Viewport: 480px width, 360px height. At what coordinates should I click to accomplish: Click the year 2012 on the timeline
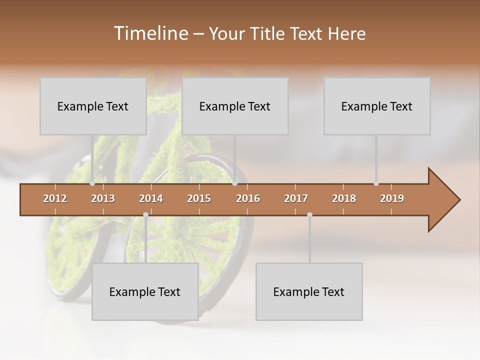point(55,198)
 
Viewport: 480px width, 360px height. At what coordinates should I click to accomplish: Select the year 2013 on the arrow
point(103,198)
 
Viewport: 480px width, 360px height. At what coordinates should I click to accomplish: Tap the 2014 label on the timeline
point(151,198)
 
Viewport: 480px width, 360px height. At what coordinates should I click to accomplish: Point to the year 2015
point(199,198)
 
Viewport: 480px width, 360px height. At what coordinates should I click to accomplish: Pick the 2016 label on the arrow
point(248,198)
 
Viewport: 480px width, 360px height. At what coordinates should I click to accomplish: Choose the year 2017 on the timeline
point(296,198)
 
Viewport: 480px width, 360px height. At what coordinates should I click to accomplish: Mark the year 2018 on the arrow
point(344,198)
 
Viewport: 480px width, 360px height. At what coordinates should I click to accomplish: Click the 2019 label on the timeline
point(392,198)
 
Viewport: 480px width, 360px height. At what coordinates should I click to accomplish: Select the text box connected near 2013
point(93,106)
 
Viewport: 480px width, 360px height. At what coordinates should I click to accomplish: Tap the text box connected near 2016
point(235,106)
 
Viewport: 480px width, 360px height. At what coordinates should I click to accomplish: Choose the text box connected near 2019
point(377,106)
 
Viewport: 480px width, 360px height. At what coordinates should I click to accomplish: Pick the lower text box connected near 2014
point(145,291)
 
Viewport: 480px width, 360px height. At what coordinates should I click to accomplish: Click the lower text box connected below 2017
point(309,291)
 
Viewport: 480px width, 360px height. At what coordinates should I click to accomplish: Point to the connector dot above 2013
point(92,183)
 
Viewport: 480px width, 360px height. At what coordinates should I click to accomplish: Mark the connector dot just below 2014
point(145,215)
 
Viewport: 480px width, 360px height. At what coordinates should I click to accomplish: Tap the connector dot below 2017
point(309,215)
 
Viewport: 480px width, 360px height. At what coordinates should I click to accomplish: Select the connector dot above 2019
point(376,183)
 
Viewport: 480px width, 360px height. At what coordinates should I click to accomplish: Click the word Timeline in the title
point(150,33)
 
